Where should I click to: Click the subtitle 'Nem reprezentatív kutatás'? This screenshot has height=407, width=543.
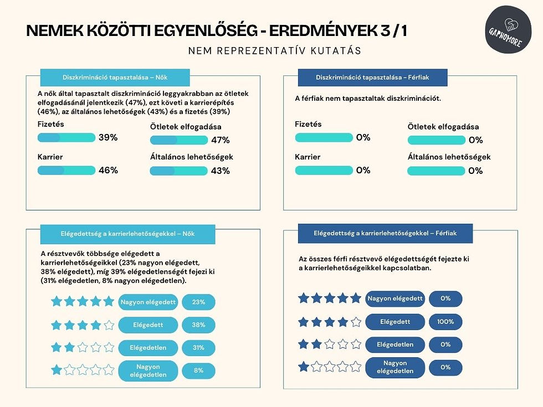[x=274, y=51]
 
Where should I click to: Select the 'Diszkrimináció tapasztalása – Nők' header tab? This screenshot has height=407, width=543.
[x=115, y=78]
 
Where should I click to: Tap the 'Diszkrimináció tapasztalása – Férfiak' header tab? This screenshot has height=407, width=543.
[x=372, y=78]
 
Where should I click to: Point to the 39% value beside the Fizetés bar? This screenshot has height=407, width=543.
[x=108, y=137]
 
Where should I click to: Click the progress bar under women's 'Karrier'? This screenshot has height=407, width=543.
[x=66, y=170]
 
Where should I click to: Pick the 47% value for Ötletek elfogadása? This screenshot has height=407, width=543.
[x=221, y=140]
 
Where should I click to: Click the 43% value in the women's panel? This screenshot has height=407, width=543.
[x=221, y=171]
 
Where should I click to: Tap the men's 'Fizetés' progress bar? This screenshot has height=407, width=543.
[x=324, y=137]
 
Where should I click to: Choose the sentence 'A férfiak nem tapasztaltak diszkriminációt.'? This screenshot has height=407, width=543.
[x=363, y=98]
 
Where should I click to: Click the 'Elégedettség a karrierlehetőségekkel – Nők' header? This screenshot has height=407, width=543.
[x=127, y=234]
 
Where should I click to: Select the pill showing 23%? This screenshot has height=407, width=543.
[x=198, y=302]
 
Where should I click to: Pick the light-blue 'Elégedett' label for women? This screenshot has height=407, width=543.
[x=148, y=325]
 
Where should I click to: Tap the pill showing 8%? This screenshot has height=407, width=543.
[x=198, y=370]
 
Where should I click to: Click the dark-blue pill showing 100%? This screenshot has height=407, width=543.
[x=445, y=322]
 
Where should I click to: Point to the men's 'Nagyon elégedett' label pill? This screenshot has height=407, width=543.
[x=395, y=299]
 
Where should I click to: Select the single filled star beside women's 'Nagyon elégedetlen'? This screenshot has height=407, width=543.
[x=56, y=370]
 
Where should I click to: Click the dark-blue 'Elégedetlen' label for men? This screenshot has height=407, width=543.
[x=395, y=344]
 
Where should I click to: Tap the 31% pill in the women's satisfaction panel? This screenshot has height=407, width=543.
[x=198, y=348]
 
